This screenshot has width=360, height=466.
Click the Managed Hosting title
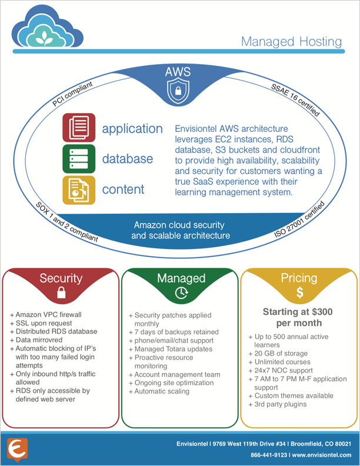(291, 42)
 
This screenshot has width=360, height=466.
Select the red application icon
(78, 128)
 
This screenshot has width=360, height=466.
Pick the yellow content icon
(78, 189)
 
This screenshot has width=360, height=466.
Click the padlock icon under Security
(61, 294)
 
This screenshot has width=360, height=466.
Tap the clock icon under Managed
(180, 293)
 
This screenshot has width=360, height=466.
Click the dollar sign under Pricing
(299, 292)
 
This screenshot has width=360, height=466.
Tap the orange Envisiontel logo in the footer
(16, 449)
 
